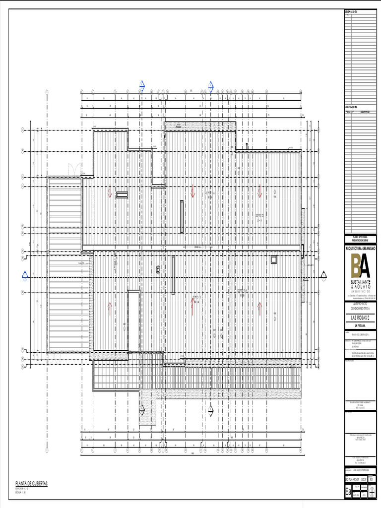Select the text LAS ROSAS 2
362,317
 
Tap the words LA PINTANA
362,326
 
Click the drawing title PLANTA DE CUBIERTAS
31,483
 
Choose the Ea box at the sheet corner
348,493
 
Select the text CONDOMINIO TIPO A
362,308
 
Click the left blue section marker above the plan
141,87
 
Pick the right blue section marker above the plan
210,88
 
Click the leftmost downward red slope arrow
110,193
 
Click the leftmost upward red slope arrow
110,308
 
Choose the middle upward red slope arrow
193,307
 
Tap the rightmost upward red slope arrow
259,308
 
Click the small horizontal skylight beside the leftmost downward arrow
122,195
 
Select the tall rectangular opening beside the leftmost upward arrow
133,321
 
